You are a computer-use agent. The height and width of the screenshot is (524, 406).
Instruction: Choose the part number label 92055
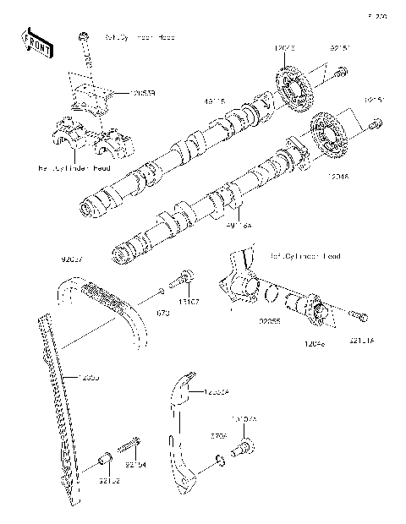pyautogui.click(x=270, y=322)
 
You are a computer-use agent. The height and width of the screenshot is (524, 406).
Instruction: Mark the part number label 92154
pyautogui.click(x=135, y=464)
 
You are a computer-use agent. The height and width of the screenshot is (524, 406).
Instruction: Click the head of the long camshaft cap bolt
pyautogui.click(x=84, y=37)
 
